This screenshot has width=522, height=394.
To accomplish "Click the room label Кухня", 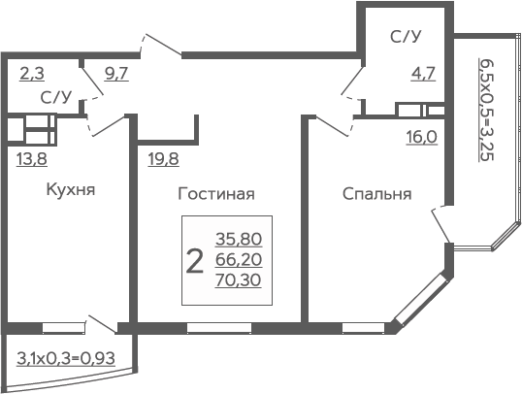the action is coord(71,189).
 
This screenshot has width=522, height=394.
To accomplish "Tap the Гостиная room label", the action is coord(216,193).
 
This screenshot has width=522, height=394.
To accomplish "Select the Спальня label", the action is coord(376,193).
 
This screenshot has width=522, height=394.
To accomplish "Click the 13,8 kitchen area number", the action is coord(32,159).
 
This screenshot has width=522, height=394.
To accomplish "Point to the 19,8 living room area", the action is coord(163,159).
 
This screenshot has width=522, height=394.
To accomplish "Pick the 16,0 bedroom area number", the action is coord(422,137).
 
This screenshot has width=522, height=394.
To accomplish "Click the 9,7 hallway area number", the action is coord(116,74).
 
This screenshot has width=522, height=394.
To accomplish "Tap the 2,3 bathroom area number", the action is coord(32,74).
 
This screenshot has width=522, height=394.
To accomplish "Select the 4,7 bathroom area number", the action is coord(423,74).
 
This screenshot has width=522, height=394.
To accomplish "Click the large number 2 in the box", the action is coord(194,261).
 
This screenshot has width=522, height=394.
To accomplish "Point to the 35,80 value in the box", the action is coord(239,239).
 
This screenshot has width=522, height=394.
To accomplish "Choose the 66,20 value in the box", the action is coord(239,260).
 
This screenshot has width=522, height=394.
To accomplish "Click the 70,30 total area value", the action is coord(238,280).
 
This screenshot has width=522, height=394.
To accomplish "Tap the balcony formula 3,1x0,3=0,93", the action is coord(66,359).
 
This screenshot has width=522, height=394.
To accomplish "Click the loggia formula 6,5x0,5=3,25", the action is coord(486,110).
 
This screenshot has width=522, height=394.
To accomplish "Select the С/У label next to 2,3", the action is coord(56,97).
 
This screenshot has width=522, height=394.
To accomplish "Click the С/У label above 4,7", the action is coord(406,37).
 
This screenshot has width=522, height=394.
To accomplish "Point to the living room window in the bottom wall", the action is coord(219,328).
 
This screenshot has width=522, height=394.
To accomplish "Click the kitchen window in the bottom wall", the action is coord(63,328).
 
